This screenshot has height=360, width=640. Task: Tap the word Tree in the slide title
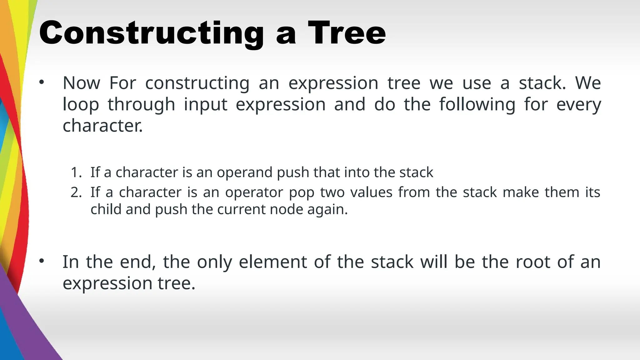coord(347,33)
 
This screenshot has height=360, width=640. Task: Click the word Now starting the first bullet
coord(81,83)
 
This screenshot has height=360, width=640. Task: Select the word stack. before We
coord(542,83)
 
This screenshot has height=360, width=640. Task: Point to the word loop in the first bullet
coord(81,104)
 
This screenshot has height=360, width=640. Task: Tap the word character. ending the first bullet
coord(102,126)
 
